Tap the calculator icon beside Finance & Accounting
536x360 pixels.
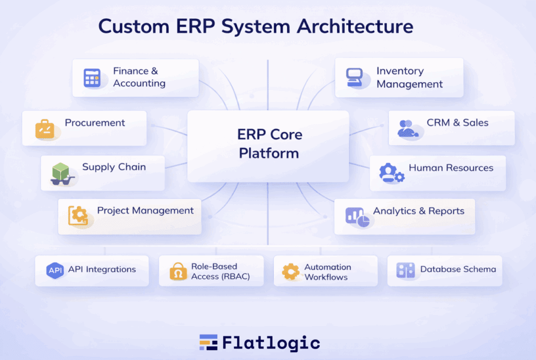point(92,78)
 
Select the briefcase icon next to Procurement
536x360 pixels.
point(45,128)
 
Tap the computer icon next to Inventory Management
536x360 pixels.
point(354,77)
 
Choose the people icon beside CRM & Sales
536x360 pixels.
point(407,128)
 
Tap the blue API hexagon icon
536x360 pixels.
point(55,270)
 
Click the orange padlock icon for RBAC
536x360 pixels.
point(178,271)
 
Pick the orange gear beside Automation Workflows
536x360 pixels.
point(291,271)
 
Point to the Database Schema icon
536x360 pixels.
point(405,270)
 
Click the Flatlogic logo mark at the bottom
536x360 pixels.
point(208,342)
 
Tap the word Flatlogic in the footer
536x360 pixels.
point(271,343)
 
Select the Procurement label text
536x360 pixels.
point(95,123)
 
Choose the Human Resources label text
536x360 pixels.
point(451,168)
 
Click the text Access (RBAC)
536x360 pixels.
point(220,276)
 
